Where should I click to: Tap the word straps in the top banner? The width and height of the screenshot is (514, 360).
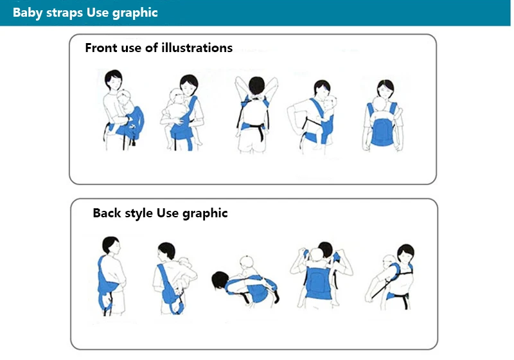tap(65, 13)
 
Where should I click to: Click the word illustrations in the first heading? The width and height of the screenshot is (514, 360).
tap(197, 48)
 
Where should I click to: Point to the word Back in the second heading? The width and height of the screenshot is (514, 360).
tap(107, 213)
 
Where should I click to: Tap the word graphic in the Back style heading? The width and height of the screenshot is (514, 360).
tap(205, 214)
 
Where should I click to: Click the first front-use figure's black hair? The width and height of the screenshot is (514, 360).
tap(113, 77)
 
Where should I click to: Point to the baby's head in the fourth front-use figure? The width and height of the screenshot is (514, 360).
tap(330, 102)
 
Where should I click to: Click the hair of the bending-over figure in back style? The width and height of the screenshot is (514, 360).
tap(220, 280)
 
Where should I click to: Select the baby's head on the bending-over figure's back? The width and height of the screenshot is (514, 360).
tap(247, 262)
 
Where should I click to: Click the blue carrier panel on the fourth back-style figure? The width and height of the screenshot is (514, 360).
tap(318, 282)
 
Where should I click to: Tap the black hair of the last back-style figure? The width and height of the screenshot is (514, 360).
tap(407, 252)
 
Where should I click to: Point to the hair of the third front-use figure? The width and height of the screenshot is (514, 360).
tap(256, 85)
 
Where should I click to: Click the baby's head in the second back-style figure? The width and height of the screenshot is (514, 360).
tap(185, 262)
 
